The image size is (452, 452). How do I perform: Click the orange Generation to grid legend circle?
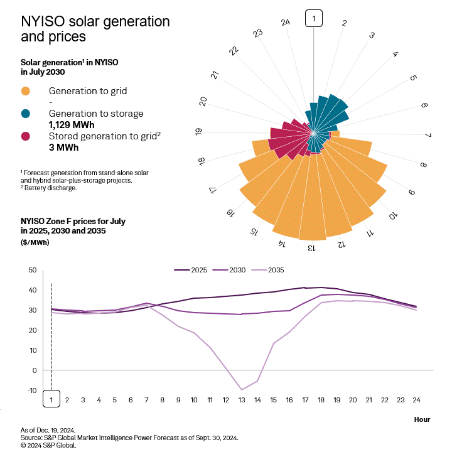point(26,91)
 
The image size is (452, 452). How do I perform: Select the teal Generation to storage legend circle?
point(26,114)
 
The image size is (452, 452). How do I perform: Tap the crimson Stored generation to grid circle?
point(26,136)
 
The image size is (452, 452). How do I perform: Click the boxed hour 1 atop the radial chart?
point(313,19)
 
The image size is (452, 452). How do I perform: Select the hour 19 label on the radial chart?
point(199,132)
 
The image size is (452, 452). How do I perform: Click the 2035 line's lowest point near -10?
point(242,390)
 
